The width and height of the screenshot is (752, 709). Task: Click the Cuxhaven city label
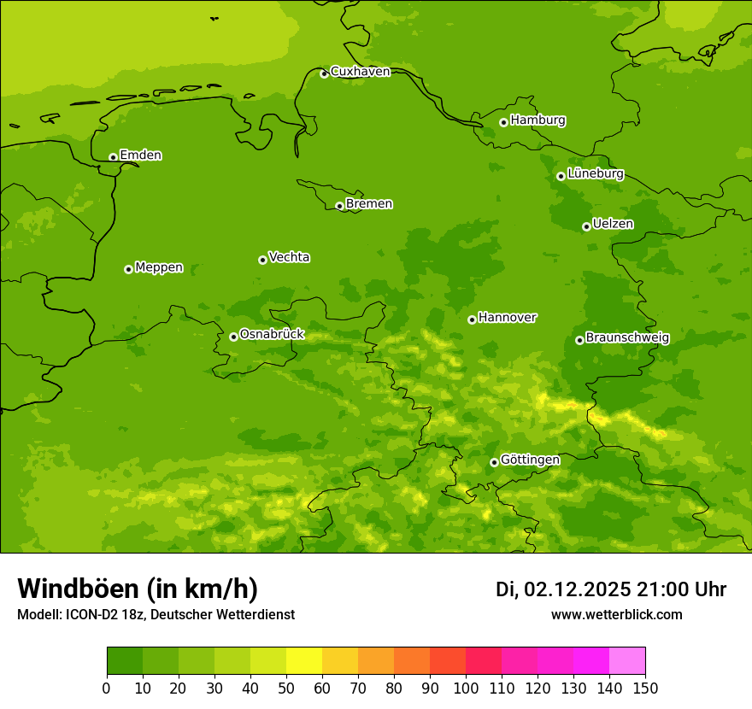(x=360, y=72)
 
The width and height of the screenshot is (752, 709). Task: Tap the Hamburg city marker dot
(x=503, y=122)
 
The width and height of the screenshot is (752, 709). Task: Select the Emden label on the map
(x=140, y=155)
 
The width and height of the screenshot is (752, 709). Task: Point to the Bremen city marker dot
(x=339, y=206)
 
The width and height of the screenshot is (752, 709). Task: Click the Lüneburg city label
(x=595, y=174)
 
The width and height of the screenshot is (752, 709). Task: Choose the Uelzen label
(x=613, y=225)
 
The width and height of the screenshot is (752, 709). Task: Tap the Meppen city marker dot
(x=128, y=269)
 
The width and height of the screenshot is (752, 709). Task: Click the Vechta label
(x=289, y=257)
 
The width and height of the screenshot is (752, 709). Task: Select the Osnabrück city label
(x=272, y=335)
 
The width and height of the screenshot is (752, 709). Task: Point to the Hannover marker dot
(x=472, y=319)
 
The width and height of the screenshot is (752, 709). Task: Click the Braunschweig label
(x=627, y=338)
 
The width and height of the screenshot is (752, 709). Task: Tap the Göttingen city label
(x=530, y=460)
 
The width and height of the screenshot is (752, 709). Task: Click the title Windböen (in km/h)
(x=138, y=589)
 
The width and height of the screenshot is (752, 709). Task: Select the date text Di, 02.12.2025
(x=563, y=589)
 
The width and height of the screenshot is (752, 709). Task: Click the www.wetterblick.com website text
(x=616, y=614)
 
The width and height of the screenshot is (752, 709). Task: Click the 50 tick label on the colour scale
(x=285, y=688)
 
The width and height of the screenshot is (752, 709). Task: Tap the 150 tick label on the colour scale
(x=645, y=688)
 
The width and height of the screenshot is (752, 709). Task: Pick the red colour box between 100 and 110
(x=484, y=660)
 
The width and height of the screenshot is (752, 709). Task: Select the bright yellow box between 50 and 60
(x=304, y=660)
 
